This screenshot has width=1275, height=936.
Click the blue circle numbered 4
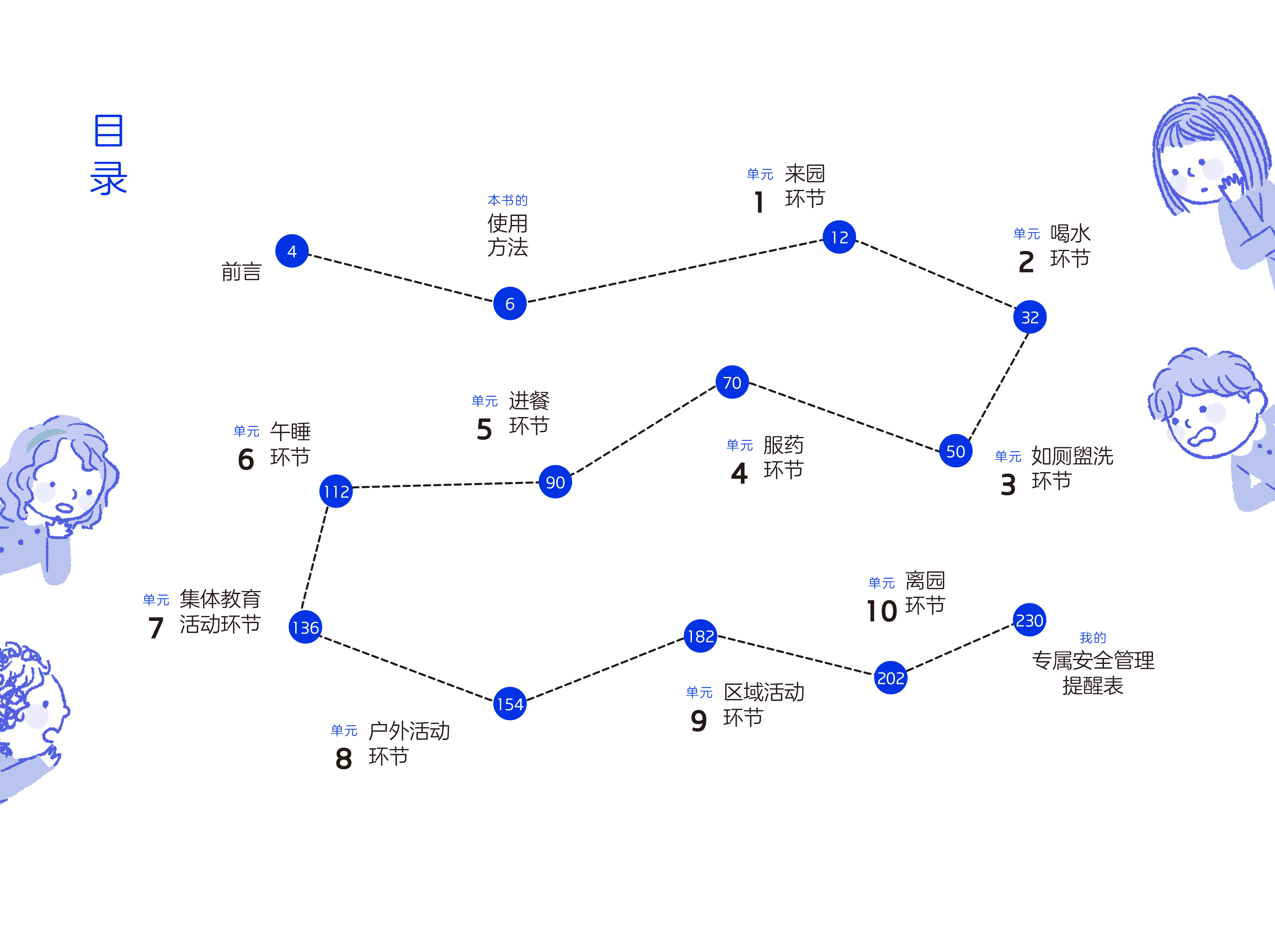point(292,251)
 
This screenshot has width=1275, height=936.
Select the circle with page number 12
point(839,237)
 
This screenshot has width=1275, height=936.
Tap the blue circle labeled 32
point(1030,317)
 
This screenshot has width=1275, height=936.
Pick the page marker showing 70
point(732,382)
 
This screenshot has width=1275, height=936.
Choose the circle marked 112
point(336,491)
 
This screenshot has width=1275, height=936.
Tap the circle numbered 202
point(890,677)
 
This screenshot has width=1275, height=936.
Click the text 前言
point(241,272)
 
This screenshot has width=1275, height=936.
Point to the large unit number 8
point(344,759)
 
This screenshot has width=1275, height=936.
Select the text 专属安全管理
point(1093,660)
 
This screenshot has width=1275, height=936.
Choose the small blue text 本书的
point(508,200)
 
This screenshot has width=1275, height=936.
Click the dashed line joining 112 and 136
point(315,558)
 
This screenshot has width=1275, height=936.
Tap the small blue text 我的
point(1093,638)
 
